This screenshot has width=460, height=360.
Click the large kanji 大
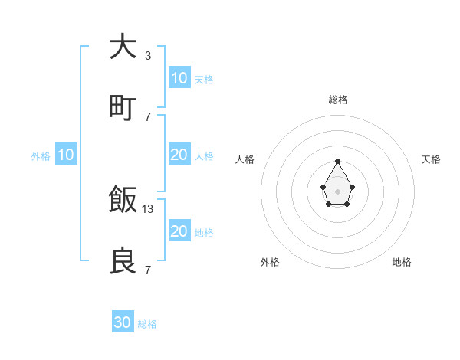point(123,47)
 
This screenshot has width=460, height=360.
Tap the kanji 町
point(123,108)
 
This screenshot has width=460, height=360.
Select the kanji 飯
point(123,201)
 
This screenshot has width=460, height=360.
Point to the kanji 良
point(123,261)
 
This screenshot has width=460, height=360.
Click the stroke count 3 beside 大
point(147,56)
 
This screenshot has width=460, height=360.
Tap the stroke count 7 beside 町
point(147,116)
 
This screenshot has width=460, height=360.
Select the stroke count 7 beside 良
point(147,270)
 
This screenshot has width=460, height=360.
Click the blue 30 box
point(123,322)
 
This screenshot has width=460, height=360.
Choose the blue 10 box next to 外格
point(66,155)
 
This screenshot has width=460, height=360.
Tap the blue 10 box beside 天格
point(179,78)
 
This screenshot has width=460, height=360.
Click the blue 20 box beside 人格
point(179,155)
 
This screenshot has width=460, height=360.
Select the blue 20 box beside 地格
point(179,231)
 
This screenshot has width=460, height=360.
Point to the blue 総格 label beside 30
point(147,324)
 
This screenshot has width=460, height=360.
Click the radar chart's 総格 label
point(337,100)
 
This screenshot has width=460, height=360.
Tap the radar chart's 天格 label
point(431,159)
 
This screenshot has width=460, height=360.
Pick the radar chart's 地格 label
point(402,262)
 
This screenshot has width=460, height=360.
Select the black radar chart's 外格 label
point(270,262)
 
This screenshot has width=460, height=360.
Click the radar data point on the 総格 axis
point(337,161)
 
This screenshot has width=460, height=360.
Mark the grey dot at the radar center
point(337,191)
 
